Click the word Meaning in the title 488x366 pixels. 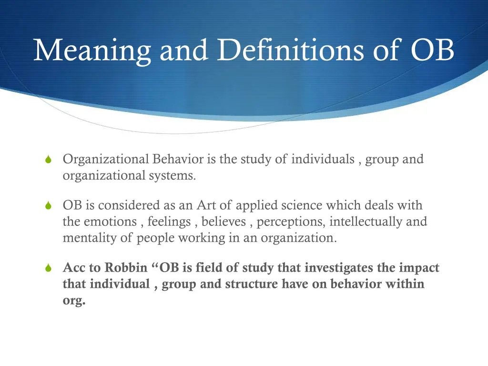coord(92,50)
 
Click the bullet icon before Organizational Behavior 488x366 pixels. coord(48,160)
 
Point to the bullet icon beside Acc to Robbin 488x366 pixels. coord(48,269)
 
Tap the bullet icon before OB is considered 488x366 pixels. coord(48,206)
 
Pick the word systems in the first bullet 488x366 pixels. coord(177,175)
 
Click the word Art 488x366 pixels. coord(207,205)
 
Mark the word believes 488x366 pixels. coord(224,222)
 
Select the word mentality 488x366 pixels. coord(90,238)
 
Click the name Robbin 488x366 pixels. coord(127,268)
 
